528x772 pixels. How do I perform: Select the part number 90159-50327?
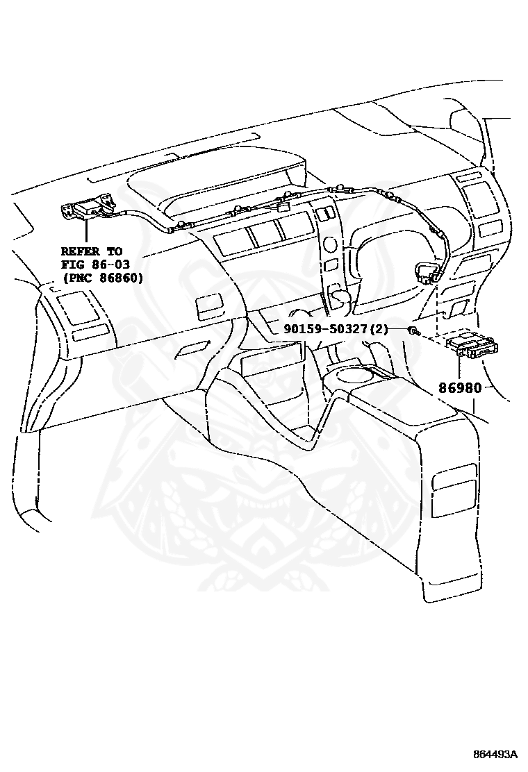[324, 328]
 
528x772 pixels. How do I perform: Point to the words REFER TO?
[91, 251]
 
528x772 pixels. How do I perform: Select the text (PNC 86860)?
[101, 278]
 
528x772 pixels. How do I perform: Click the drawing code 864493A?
[496, 754]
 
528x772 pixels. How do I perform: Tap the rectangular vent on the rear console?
[454, 490]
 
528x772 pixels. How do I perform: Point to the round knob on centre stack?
[331, 244]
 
